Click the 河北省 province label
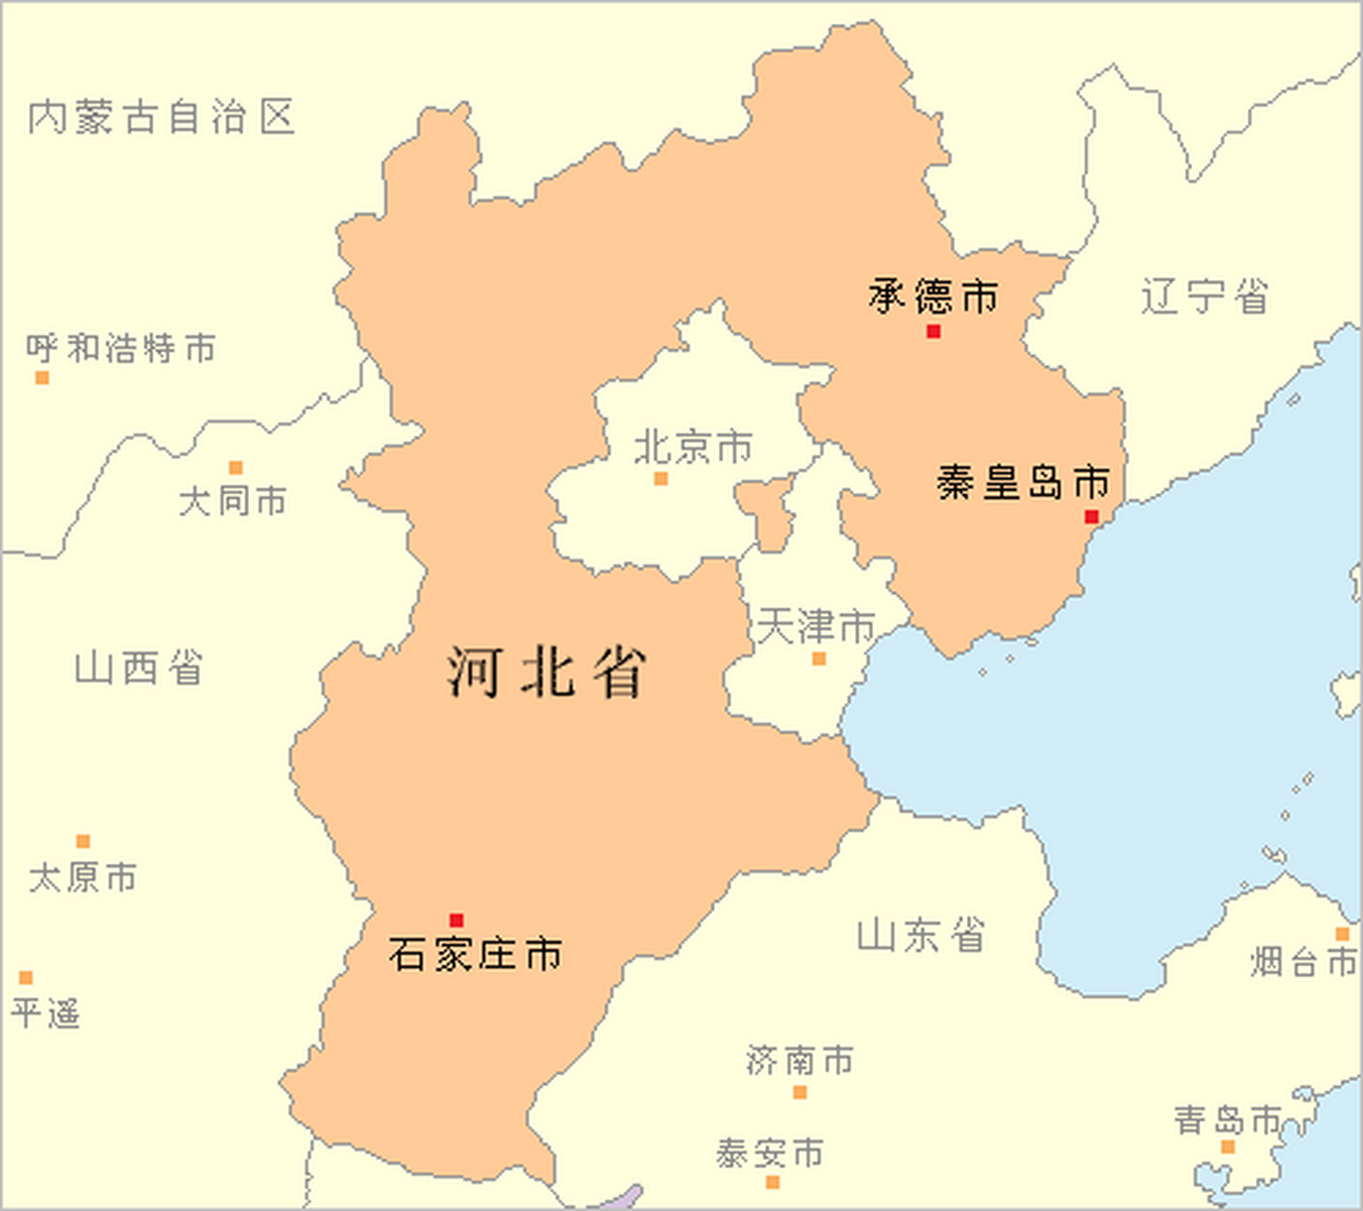[x=547, y=672]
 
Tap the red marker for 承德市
[x=934, y=331]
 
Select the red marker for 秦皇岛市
[x=1092, y=517]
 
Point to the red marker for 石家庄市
[x=457, y=921]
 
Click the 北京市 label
[x=693, y=447]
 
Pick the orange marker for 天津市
[x=819, y=658]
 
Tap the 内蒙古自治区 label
[x=162, y=117]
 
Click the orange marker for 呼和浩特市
[x=42, y=377]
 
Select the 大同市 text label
[x=233, y=500]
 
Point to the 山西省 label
[x=139, y=668]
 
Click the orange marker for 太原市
[x=83, y=841]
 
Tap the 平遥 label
[x=45, y=1013]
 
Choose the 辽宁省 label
[x=1204, y=296]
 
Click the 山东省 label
[x=920, y=935]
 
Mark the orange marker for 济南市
[x=799, y=1093]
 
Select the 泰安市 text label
[x=769, y=1153]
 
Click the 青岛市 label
[x=1228, y=1120]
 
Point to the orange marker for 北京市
[x=661, y=479]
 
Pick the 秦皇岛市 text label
[x=1022, y=483]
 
